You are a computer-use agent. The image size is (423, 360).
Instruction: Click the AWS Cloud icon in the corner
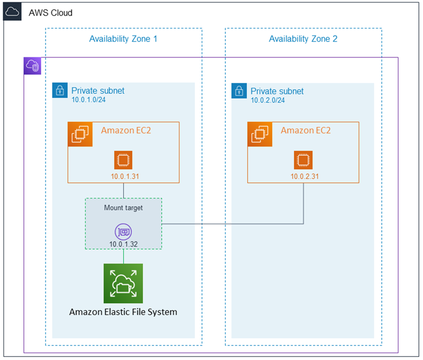13,13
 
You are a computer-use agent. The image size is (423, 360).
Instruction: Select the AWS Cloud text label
50,13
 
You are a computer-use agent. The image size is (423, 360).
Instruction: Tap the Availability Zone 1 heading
123,39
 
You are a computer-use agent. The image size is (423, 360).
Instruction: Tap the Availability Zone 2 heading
303,39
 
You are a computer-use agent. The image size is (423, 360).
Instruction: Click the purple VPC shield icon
32,66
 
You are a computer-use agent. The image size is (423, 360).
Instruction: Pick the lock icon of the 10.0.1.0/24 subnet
60,90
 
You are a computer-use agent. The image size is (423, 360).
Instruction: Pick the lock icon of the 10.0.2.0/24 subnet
239,90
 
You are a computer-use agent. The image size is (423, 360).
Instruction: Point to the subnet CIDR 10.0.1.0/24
88,100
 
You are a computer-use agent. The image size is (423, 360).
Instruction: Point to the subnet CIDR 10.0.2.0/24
268,100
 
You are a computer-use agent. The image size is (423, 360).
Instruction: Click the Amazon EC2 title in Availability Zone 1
126,130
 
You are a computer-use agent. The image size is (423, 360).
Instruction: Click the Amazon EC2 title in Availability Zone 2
306,130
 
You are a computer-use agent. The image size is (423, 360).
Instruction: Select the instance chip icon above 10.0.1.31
123,160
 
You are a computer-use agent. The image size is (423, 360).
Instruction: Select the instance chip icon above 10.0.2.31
303,160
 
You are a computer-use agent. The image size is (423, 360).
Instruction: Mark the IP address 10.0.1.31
125,177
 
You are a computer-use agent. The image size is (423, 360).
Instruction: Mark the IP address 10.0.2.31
304,177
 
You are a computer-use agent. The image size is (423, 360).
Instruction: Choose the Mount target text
123,208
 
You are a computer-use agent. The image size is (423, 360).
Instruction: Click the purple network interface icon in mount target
123,232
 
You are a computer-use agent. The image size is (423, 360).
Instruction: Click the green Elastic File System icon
123,283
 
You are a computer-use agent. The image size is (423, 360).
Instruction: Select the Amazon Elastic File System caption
123,312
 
